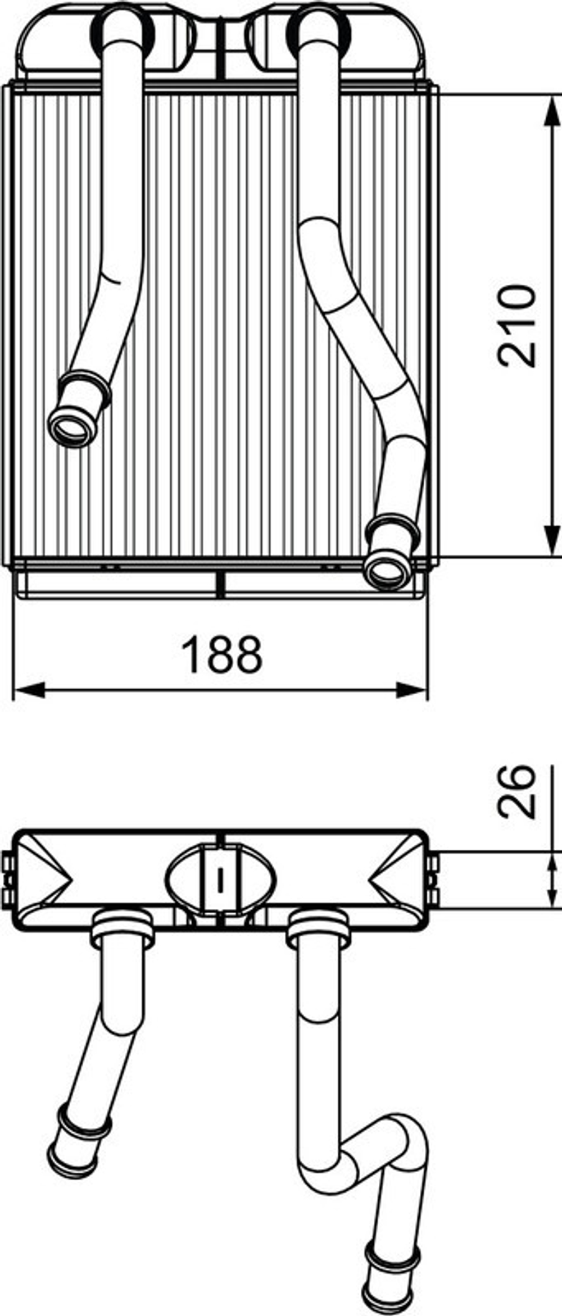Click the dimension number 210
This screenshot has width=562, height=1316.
point(517,326)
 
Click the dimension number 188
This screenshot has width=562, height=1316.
point(223,655)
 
